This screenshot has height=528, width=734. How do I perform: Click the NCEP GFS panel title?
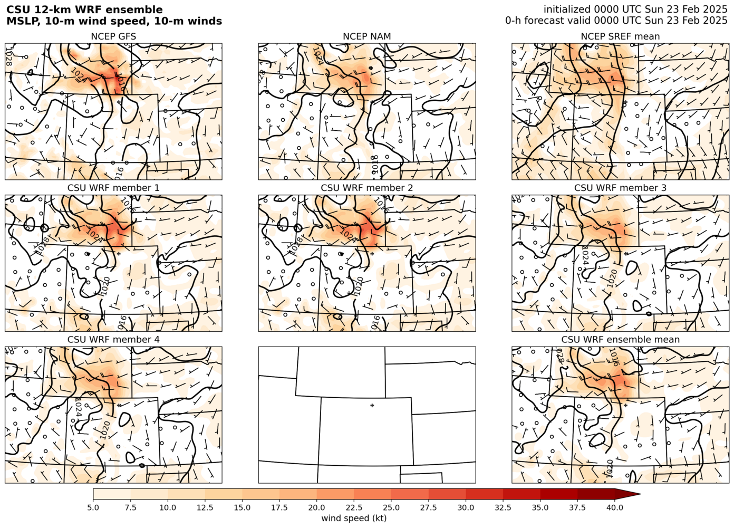(x=113, y=36)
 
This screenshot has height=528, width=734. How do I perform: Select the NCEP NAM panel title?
(x=367, y=36)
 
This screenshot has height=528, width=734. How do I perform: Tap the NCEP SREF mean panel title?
(x=620, y=36)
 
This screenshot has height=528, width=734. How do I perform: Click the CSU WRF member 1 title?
(x=113, y=188)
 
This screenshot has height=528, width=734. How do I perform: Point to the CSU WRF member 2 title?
(x=367, y=188)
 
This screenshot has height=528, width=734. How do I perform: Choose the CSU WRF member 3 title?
(x=620, y=188)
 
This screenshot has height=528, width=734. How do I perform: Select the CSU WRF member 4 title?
(x=113, y=340)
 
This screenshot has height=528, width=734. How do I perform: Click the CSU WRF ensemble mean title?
(x=620, y=340)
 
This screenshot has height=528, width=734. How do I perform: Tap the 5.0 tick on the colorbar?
(x=93, y=507)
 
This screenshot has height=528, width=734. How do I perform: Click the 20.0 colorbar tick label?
(x=317, y=507)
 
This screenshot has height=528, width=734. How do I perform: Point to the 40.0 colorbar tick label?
(x=615, y=507)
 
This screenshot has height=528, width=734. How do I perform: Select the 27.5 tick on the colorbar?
(x=429, y=507)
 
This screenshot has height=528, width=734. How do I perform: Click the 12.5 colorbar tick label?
(x=205, y=507)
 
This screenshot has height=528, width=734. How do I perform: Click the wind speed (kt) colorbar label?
(x=354, y=518)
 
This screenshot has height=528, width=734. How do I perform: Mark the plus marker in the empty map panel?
(x=372, y=405)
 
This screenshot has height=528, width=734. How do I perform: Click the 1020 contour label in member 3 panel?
(x=612, y=278)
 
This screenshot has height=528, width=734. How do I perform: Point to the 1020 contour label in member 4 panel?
(x=105, y=429)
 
